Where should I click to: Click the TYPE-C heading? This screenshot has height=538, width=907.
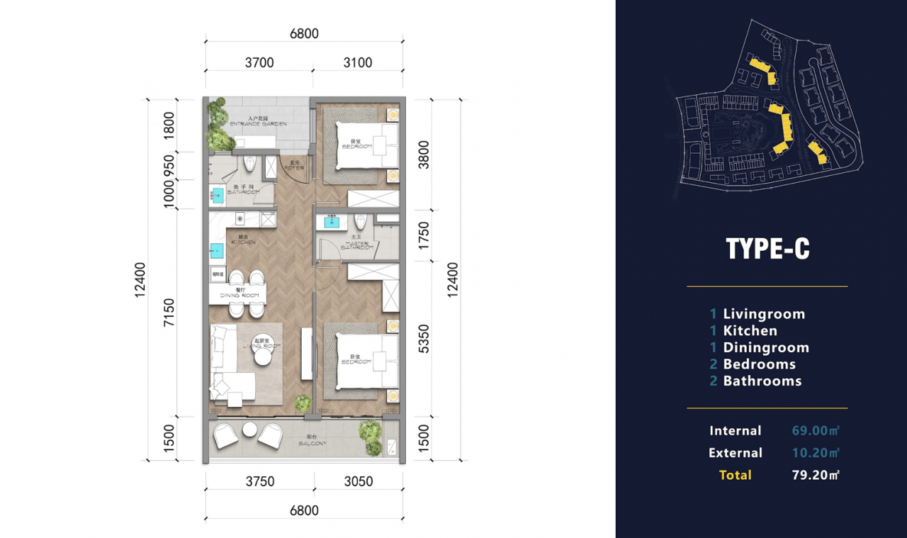[x=767, y=249]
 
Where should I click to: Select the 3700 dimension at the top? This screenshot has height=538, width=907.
[x=259, y=62]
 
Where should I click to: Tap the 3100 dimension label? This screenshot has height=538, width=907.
[x=358, y=62]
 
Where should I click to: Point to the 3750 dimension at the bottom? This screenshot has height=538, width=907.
[x=259, y=481]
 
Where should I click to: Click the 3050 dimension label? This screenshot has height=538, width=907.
[x=358, y=481]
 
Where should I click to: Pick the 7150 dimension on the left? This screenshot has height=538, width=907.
[x=169, y=313]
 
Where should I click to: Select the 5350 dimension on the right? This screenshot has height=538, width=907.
[x=422, y=339]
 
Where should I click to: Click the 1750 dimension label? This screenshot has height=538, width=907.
[x=422, y=235]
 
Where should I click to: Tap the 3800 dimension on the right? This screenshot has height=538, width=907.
[x=422, y=153]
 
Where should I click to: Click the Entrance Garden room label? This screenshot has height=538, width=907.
[x=258, y=121]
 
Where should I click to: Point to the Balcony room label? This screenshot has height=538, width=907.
[x=312, y=441]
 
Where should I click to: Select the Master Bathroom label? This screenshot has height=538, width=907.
[x=356, y=245]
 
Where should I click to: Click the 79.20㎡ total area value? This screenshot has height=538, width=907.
[x=816, y=475]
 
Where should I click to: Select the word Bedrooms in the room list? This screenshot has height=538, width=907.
[x=759, y=364]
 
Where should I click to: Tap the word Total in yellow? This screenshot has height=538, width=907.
[x=735, y=475]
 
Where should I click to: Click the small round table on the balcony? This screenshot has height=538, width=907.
[x=249, y=429]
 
